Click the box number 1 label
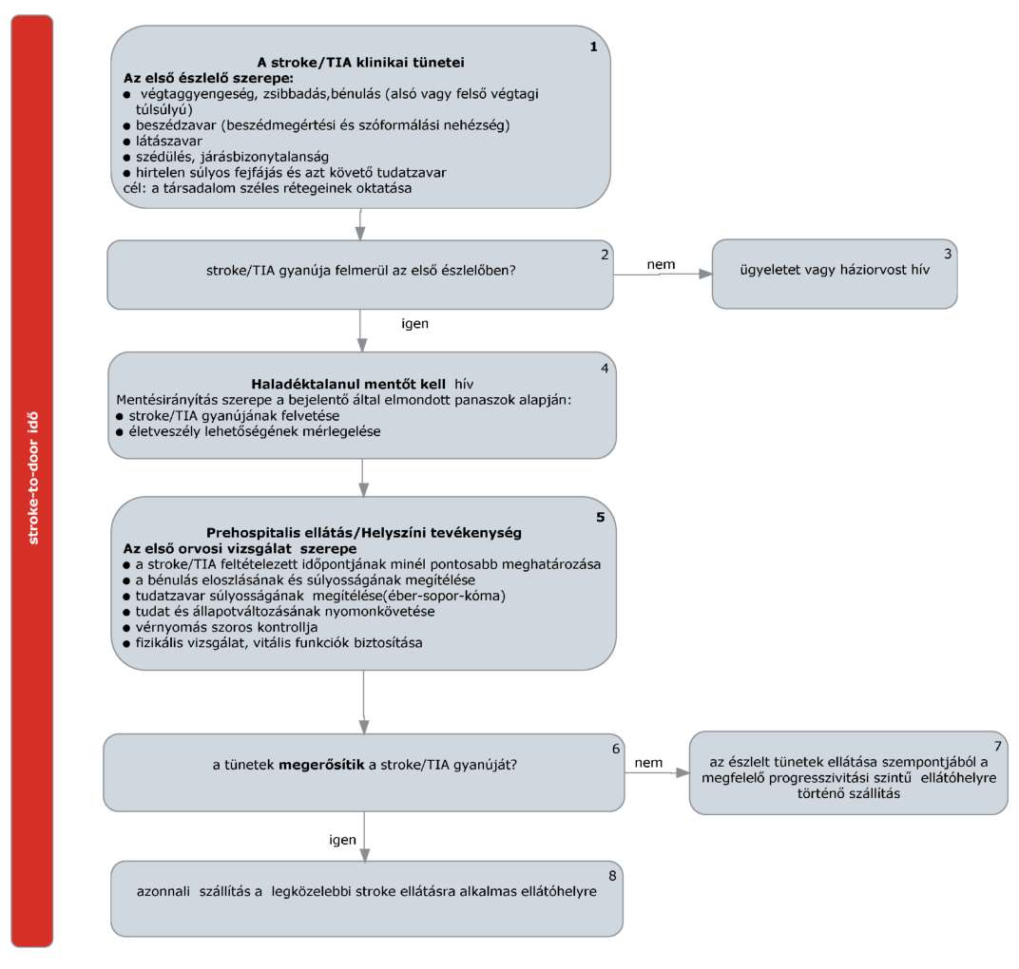tap(593, 47)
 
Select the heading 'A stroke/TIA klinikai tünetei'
tap(360, 63)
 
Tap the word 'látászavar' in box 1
tap(169, 141)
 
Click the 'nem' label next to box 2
tap(661, 264)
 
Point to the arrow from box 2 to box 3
tap(663, 274)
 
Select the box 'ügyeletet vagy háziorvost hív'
tap(835, 274)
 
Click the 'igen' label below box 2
tap(414, 324)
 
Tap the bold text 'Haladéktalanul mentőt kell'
tap(348, 384)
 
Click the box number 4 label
tap(605, 369)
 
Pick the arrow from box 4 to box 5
tap(364, 477)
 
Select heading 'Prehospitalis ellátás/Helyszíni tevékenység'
tap(364, 533)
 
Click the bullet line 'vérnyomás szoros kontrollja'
tap(226, 627)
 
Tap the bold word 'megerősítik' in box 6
tap(321, 765)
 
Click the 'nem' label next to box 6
tap(648, 763)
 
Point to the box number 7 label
tap(997, 747)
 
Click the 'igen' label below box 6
tap(342, 840)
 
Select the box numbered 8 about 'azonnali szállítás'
tap(367, 899)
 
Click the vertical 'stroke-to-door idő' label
tap(33, 478)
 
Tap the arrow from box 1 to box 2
tap(360, 225)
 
